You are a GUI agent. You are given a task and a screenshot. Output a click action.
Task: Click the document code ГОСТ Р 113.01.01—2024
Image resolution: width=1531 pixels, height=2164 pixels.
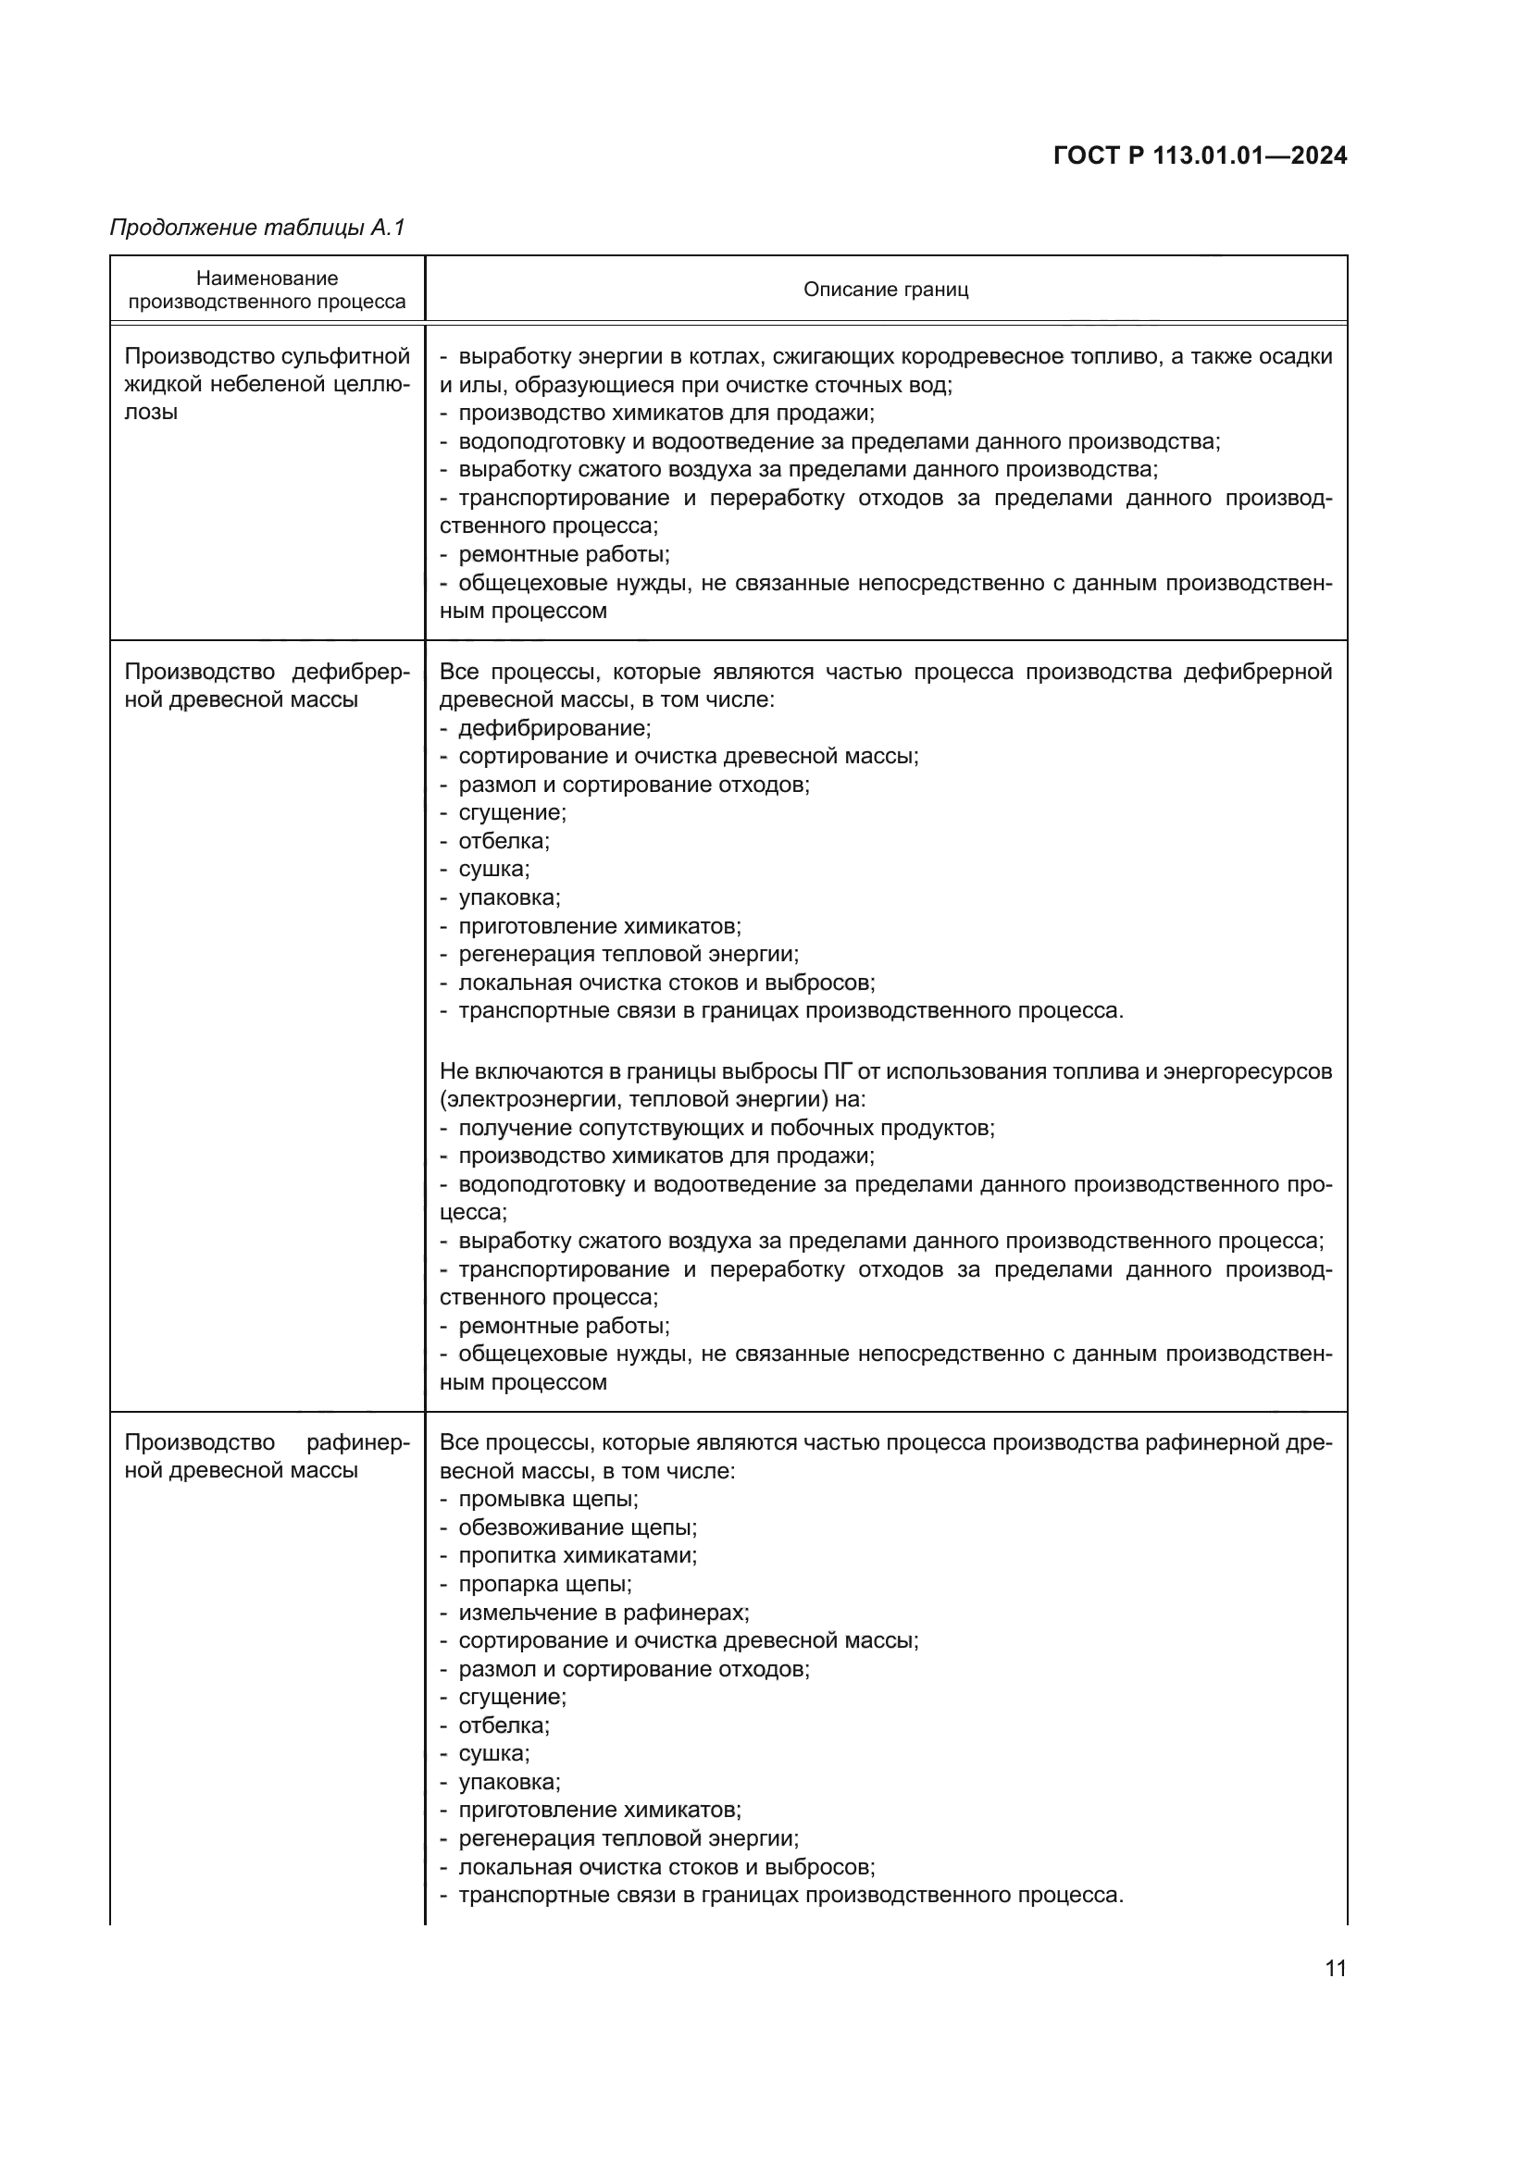(1199, 155)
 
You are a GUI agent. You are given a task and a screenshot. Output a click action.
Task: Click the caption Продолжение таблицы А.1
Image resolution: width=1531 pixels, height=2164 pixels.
(257, 228)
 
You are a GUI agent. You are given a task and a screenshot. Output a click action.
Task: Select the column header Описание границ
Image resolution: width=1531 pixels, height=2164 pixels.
(885, 290)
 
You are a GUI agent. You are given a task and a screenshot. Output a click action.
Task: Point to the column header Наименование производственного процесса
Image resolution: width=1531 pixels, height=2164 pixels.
(267, 290)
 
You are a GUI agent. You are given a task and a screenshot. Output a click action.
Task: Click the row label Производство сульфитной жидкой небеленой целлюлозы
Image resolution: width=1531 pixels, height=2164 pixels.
(267, 384)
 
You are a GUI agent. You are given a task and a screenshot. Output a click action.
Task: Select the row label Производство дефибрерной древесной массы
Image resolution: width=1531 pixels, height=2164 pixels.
(267, 686)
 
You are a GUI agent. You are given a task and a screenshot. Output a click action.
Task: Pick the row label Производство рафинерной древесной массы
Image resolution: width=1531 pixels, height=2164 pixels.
(267, 1456)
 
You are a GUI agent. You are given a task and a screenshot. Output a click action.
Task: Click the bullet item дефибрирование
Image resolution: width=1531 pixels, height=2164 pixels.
(554, 727)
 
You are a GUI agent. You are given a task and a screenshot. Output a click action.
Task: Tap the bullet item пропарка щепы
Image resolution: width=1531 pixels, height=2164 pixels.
(545, 1583)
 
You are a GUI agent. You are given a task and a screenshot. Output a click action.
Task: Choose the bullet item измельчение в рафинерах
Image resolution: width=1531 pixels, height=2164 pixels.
(604, 1612)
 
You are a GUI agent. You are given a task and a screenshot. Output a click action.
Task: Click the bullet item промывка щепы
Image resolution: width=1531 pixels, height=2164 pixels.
(548, 1499)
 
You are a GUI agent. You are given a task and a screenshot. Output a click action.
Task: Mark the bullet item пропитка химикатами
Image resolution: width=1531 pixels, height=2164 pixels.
(577, 1555)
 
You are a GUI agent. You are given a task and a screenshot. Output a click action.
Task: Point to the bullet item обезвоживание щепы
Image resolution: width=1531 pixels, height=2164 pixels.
(577, 1527)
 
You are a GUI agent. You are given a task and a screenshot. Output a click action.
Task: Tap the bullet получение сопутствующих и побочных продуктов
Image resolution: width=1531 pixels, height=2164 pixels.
(726, 1127)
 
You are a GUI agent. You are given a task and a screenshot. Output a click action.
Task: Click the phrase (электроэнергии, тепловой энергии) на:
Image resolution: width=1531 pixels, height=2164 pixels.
(653, 1099)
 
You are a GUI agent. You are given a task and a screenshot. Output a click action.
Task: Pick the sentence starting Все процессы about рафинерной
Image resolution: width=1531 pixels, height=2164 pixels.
(885, 1456)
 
